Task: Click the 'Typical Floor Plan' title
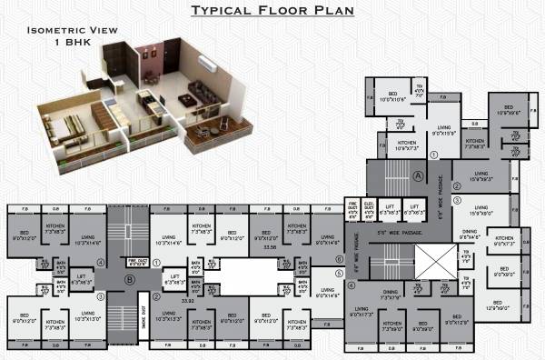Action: [273, 10]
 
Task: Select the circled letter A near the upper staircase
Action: [419, 175]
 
